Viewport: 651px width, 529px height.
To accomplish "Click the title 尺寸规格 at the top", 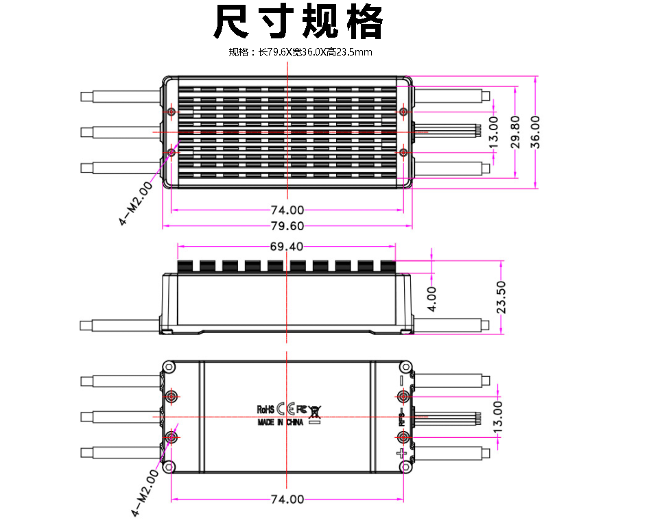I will (298, 23).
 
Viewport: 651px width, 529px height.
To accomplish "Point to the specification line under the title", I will (300, 52).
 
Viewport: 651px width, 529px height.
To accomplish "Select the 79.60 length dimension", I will (287, 227).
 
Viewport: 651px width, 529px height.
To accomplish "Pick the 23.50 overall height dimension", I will (501, 297).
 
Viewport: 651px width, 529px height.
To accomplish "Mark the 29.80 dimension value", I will (516, 132).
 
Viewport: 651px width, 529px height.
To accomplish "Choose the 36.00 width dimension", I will (536, 131).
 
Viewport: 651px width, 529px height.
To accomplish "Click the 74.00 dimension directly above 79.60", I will (287, 210).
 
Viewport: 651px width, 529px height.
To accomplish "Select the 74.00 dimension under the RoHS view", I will (287, 499).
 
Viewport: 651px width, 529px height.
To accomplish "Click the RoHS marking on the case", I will (265, 409).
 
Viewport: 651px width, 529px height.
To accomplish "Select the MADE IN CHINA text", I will (280, 423).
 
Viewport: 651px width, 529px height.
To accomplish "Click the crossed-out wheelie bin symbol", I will (315, 411).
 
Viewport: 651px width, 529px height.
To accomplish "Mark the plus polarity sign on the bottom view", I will (401, 454).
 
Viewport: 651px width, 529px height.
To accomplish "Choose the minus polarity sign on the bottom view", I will (401, 380).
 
